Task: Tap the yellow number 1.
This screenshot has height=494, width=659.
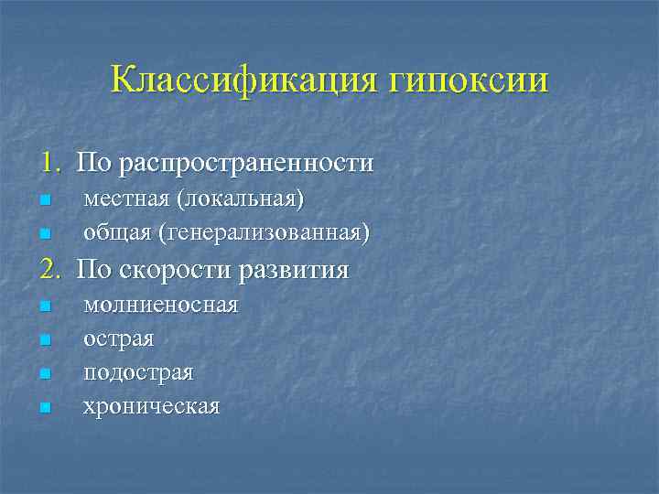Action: click(x=47, y=163)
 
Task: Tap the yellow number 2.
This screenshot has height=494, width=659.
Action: click(x=48, y=269)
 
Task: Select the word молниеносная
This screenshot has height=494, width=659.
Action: click(x=160, y=304)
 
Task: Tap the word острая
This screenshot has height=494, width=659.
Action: click(x=119, y=338)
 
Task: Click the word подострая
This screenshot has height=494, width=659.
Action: click(x=138, y=372)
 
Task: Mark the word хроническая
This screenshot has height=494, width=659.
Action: click(x=151, y=405)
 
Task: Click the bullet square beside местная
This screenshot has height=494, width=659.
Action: click(x=44, y=200)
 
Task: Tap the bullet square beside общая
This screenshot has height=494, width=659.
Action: click(x=44, y=235)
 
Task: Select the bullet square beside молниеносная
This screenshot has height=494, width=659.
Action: click(x=44, y=306)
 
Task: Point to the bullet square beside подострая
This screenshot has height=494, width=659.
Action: click(x=44, y=374)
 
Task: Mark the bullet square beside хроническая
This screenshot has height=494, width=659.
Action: click(x=44, y=408)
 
